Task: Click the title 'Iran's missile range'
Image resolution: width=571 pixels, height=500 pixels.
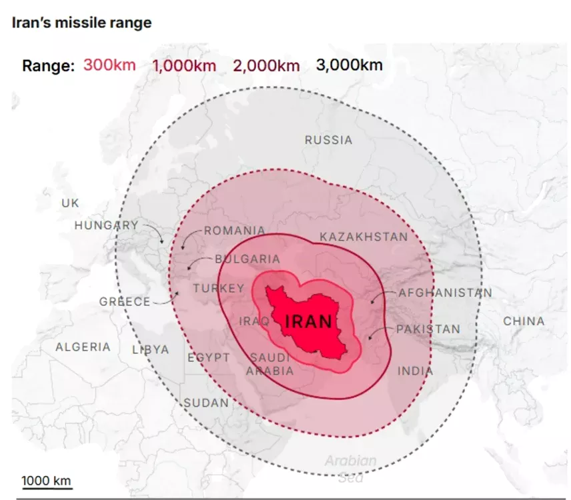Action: point(81,23)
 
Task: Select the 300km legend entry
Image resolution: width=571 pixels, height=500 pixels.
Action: point(109,65)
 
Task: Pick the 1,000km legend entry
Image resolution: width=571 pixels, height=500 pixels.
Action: point(184,65)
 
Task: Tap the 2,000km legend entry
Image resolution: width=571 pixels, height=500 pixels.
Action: point(266,65)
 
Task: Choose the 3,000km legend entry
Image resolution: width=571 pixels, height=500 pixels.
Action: point(349,65)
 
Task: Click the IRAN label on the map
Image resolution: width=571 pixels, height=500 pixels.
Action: point(308,322)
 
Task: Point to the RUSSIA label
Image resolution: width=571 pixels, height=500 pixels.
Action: point(328,140)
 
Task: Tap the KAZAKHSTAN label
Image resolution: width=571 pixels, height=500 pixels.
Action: point(363,237)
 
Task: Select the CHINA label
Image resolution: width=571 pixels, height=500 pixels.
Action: point(524,321)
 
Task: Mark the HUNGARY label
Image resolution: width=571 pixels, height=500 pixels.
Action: point(106,225)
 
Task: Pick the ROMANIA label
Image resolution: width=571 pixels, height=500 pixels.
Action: point(234,231)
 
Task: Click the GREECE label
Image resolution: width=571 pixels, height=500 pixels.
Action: point(125,302)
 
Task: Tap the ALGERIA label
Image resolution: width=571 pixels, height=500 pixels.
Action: point(83,347)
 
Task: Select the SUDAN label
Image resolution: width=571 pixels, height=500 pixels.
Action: point(206,403)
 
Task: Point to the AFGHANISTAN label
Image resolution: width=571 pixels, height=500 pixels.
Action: point(445,293)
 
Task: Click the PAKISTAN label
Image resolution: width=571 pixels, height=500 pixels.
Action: point(428,329)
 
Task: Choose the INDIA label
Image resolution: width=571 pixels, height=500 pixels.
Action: point(415,371)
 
